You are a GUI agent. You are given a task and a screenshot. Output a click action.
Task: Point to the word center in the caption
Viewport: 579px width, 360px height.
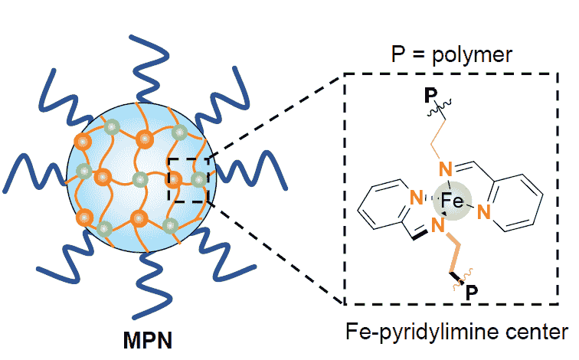point(541,332)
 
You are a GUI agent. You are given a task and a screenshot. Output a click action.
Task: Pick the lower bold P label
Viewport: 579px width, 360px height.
point(473,293)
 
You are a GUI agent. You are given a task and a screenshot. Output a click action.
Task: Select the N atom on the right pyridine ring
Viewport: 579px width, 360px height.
point(483,210)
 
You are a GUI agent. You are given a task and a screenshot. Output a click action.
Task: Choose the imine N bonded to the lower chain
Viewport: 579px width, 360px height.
point(438,224)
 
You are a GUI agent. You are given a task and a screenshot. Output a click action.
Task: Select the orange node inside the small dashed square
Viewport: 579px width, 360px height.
point(176,181)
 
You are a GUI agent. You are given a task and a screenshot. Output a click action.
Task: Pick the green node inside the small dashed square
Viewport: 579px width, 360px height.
point(198,181)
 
